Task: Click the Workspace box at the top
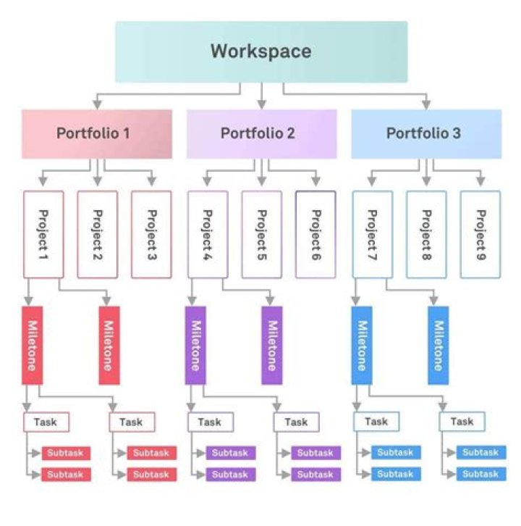point(260,51)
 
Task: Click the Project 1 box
point(43,234)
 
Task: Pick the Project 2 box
point(98,234)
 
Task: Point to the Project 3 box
point(151,234)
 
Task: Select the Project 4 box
point(208,234)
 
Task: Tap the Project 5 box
point(262,234)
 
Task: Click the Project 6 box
point(315,234)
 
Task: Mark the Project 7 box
point(372,234)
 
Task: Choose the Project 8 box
point(426,234)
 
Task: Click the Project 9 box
point(480,234)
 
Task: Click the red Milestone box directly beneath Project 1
point(31,345)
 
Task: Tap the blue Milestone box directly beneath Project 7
point(362,345)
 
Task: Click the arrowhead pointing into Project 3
point(152,180)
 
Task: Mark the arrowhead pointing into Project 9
point(480,180)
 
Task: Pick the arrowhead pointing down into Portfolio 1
point(98,104)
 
